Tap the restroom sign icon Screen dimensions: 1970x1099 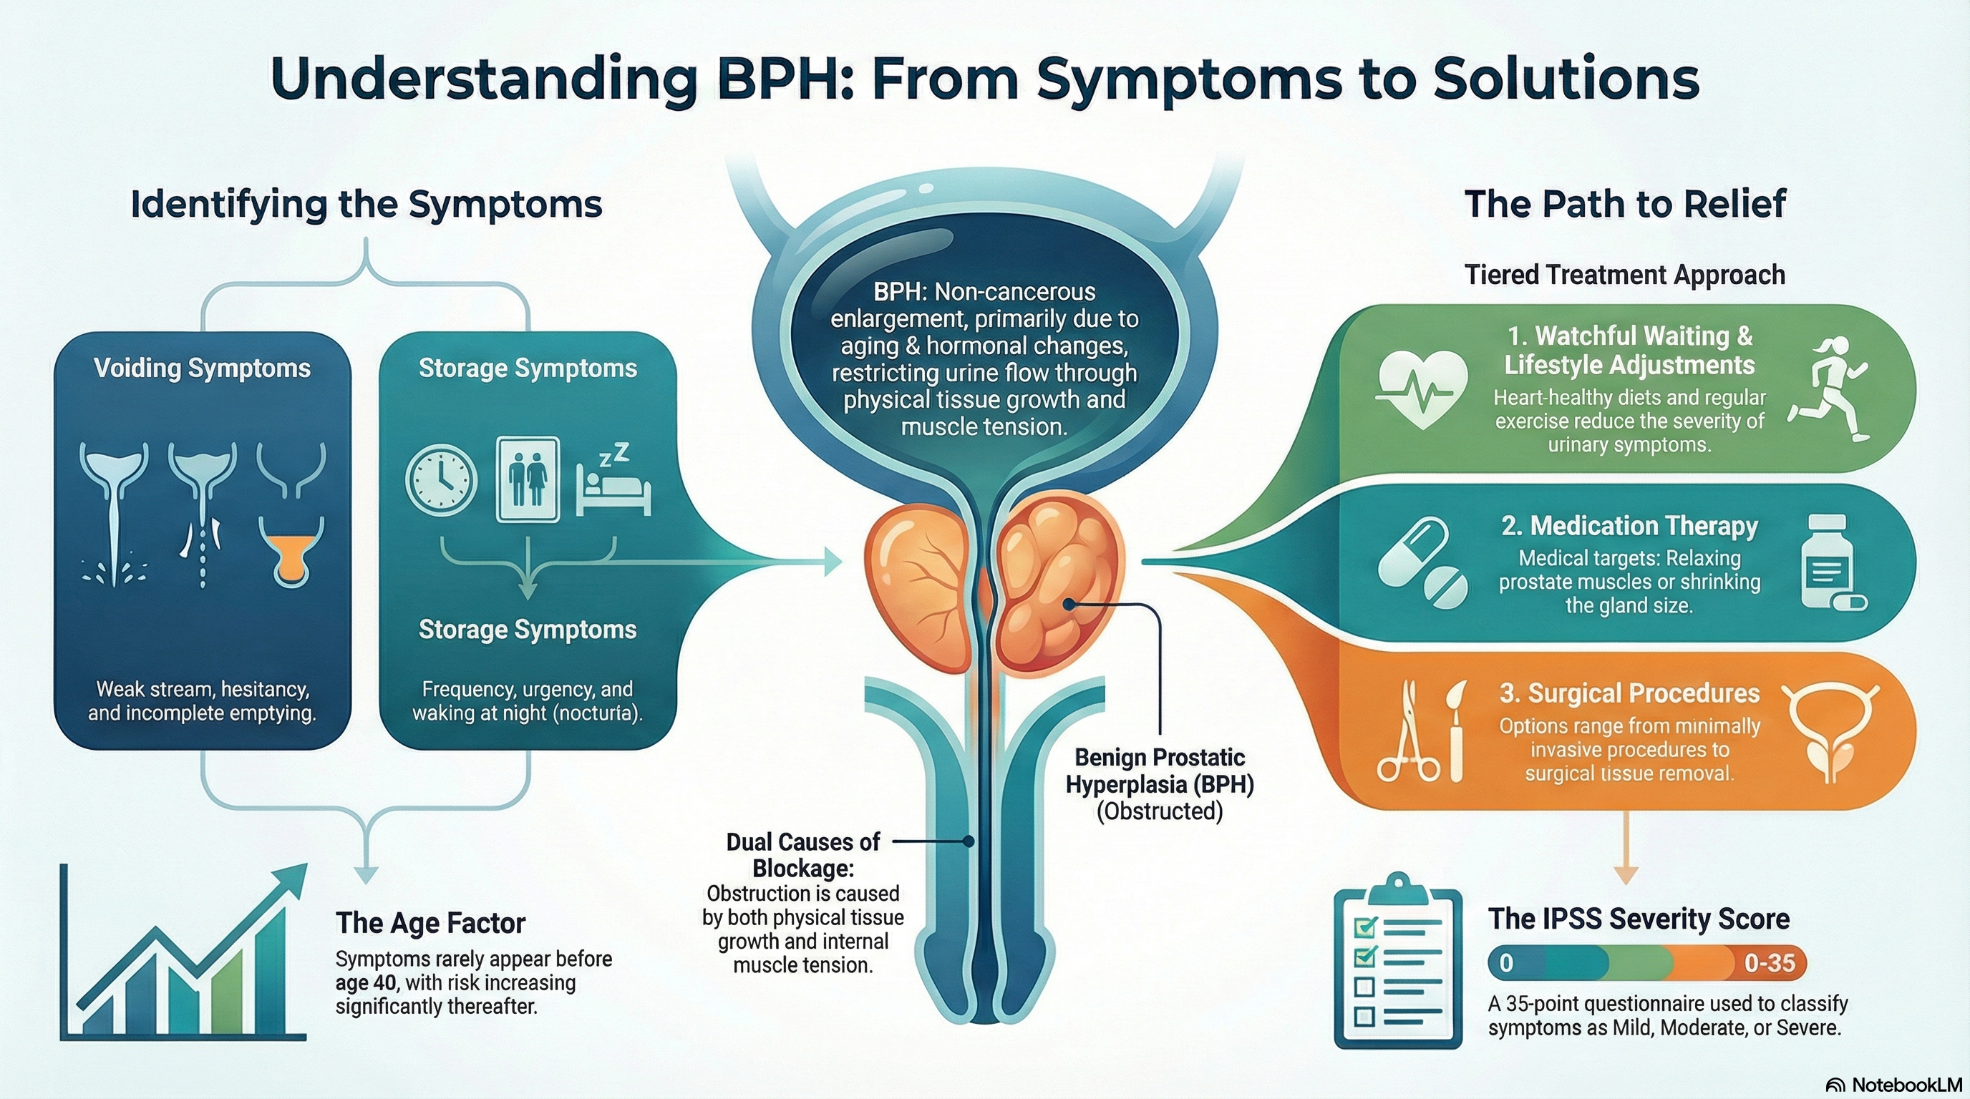click(528, 479)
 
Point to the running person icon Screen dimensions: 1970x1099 click(1829, 389)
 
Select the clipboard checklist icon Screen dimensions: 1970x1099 click(1398, 960)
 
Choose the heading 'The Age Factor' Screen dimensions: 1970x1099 click(430, 923)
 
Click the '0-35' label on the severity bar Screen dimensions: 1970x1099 click(1769, 962)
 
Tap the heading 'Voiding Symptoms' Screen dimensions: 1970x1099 click(202, 368)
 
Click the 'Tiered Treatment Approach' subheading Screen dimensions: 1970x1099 click(1624, 274)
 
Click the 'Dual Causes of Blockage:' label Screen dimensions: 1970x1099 click(803, 855)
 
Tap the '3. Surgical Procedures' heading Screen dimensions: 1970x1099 click(1629, 693)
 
